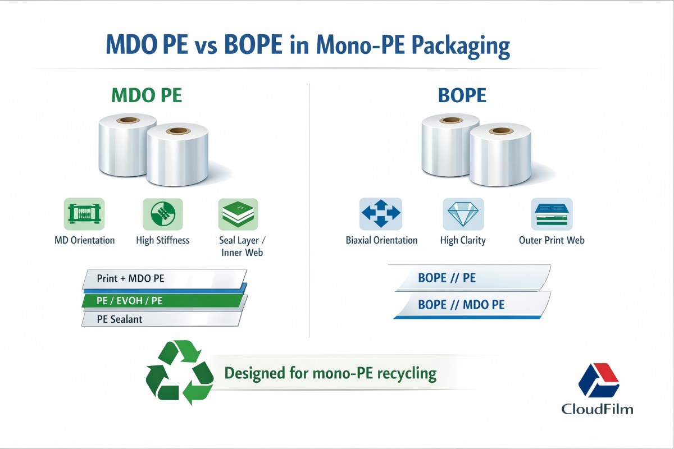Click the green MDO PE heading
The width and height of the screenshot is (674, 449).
(x=147, y=94)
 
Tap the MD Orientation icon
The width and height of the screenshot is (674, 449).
(x=84, y=214)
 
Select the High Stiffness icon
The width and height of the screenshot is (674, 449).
(x=163, y=214)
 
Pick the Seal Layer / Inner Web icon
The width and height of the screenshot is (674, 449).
(x=238, y=214)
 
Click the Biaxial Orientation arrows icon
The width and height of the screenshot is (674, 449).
(x=381, y=214)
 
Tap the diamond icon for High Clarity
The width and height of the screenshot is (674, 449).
(x=462, y=214)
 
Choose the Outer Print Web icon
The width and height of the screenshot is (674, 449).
(x=552, y=214)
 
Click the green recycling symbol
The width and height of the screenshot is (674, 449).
(x=179, y=373)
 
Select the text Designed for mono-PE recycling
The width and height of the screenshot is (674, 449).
(x=330, y=373)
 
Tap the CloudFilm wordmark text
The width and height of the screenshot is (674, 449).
(x=598, y=409)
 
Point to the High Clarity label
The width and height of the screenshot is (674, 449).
(x=463, y=240)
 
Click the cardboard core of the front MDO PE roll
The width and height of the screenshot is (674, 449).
(x=180, y=131)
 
